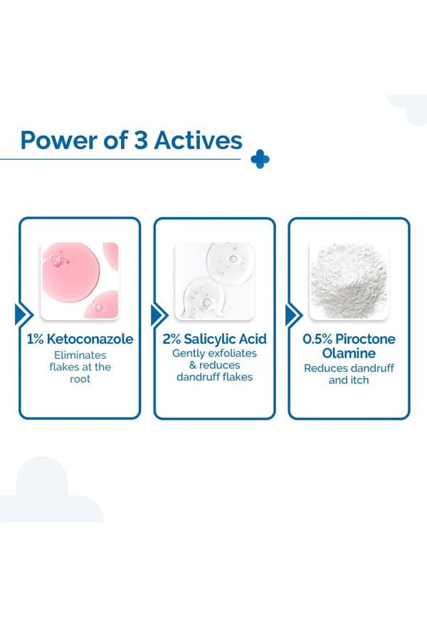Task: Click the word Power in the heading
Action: [x=59, y=140]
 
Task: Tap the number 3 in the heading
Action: [x=141, y=140]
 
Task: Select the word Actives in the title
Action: [x=198, y=140]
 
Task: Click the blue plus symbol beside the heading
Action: [x=260, y=159]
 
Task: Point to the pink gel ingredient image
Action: [x=80, y=280]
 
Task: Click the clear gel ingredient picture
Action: [x=214, y=280]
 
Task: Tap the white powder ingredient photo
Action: [x=349, y=280]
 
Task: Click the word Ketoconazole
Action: [x=90, y=339]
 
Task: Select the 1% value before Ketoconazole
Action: [x=35, y=339]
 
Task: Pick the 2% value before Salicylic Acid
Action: [x=172, y=339]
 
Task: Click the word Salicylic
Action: [x=209, y=340]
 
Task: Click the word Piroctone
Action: [x=365, y=339]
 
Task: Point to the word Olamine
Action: [x=349, y=353]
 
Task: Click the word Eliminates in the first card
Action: [x=80, y=355]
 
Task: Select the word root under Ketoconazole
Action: [x=80, y=379]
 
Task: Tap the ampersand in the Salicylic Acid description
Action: [x=193, y=365]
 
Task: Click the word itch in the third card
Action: [x=360, y=380]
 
